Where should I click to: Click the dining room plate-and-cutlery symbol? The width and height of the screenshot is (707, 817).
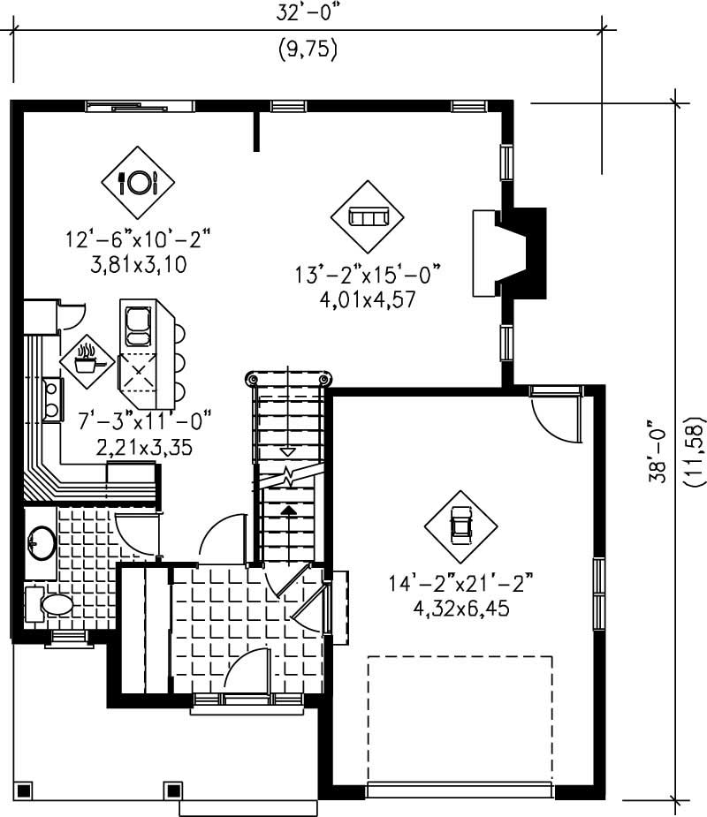pos(137,183)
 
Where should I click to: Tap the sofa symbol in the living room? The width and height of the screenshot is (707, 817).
pos(368,217)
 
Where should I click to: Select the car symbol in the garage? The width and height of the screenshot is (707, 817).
pos(460,526)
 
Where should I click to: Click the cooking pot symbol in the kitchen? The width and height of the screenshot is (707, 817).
pos(87,359)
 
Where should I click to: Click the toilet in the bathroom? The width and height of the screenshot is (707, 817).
pos(56,605)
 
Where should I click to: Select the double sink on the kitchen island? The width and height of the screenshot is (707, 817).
pos(140,326)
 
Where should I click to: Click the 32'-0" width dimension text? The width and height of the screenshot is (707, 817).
pos(308,14)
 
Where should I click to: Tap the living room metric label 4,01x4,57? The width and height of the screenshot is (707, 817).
pos(368,299)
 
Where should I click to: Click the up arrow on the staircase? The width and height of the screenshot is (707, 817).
pos(287,510)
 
